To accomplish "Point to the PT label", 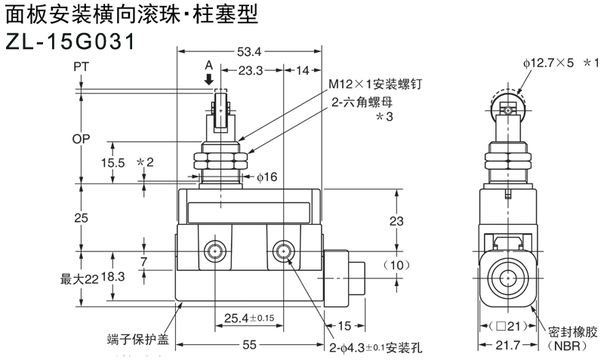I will (82, 68).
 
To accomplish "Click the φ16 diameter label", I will (267, 177).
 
